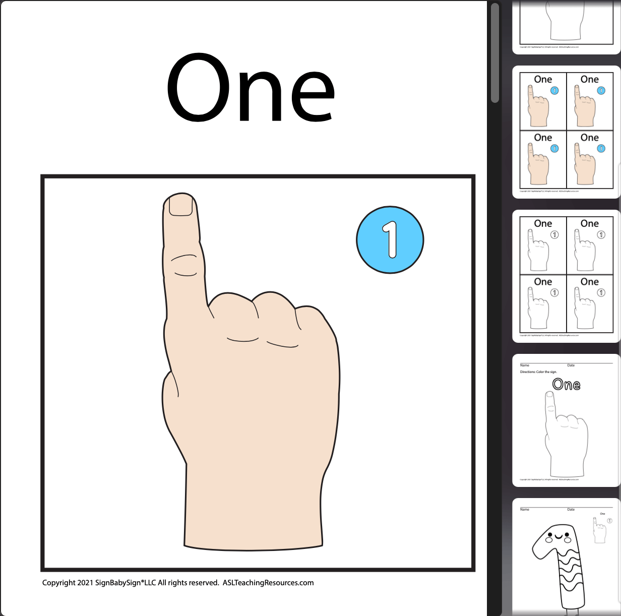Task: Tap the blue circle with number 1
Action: click(390, 240)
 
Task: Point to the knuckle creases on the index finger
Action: click(184, 265)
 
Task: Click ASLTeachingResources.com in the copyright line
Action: click(268, 583)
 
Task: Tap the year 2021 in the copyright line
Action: click(85, 583)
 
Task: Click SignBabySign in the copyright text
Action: click(118, 583)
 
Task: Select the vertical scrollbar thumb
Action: click(494, 53)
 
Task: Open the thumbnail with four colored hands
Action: click(566, 131)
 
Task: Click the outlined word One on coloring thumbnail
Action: click(566, 385)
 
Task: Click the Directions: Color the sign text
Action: click(538, 372)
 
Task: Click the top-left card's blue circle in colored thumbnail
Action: click(554, 91)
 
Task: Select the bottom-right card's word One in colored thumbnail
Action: click(589, 138)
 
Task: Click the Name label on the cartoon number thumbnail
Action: click(525, 510)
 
